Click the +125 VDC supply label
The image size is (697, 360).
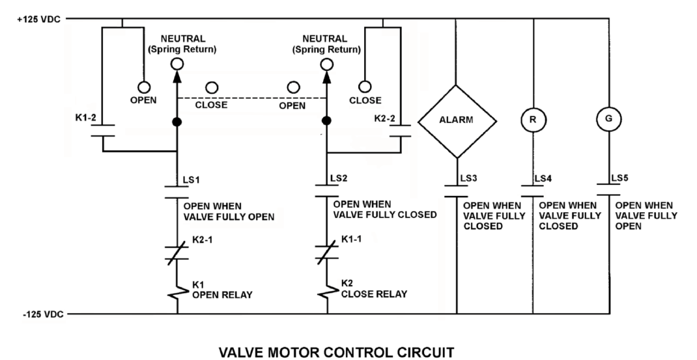point(38,20)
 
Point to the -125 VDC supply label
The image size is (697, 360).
point(43,314)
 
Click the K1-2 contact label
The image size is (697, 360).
point(85,118)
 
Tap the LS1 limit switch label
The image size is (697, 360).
point(192,180)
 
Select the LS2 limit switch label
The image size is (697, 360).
point(339,178)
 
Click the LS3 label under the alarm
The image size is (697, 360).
point(468,178)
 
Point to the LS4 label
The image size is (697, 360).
point(543,178)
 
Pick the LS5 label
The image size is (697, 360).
point(619,178)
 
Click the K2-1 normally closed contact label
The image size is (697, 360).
point(202,240)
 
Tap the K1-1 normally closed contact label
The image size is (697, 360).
point(351,239)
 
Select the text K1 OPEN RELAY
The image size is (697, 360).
point(222,290)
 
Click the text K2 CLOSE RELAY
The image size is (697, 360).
point(374,289)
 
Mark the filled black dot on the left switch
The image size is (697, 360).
point(177,122)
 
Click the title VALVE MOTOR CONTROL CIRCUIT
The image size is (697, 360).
point(337,352)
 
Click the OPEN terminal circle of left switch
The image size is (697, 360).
point(144,87)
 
